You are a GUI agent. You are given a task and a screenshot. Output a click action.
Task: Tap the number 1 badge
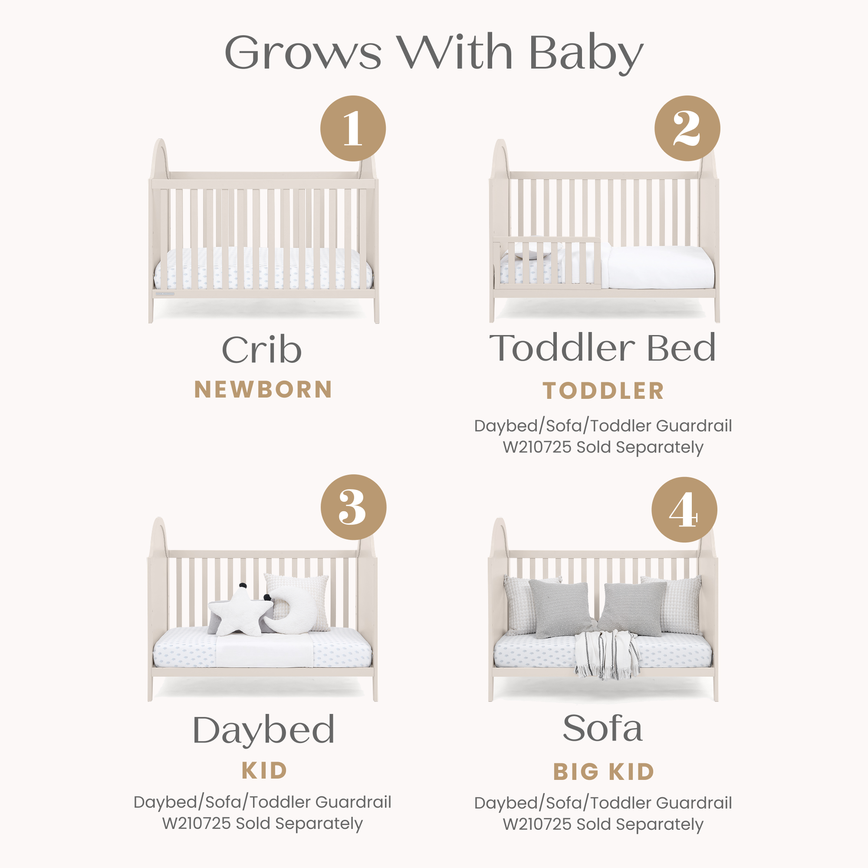[353, 128]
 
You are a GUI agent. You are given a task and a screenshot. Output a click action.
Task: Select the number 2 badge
[687, 128]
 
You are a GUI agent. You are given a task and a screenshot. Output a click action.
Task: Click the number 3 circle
[353, 507]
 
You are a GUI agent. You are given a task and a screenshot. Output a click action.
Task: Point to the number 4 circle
[684, 510]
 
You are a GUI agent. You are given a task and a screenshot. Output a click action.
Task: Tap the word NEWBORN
[263, 390]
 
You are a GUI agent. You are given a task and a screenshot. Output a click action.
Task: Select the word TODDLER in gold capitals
[603, 391]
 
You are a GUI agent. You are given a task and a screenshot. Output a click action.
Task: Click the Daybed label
[264, 730]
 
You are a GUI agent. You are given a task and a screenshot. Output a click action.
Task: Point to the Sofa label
[602, 728]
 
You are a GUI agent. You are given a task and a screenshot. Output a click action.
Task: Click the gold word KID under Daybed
[264, 771]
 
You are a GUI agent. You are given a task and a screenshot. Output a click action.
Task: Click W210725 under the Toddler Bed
[537, 447]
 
